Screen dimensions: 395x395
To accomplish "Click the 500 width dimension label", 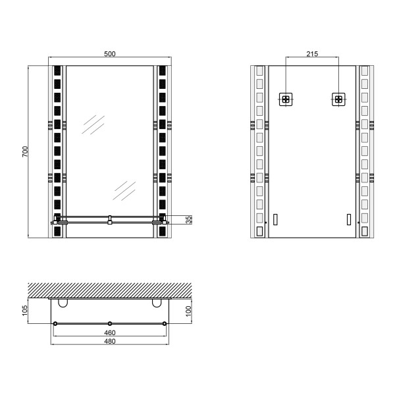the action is [x=109, y=54].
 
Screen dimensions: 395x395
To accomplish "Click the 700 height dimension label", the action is [x=26, y=151].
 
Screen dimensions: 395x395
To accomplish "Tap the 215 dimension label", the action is [x=312, y=54].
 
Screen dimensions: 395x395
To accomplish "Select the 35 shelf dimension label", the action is [x=189, y=219].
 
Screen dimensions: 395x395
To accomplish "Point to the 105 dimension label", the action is [x=25, y=311].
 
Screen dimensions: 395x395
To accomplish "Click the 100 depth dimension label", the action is [x=188, y=311].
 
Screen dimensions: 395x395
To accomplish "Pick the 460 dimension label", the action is [x=110, y=332].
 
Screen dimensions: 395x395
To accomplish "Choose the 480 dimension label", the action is [x=110, y=341].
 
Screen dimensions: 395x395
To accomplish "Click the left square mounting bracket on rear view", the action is [x=286, y=99].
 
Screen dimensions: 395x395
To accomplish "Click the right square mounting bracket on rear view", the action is [x=338, y=99].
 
